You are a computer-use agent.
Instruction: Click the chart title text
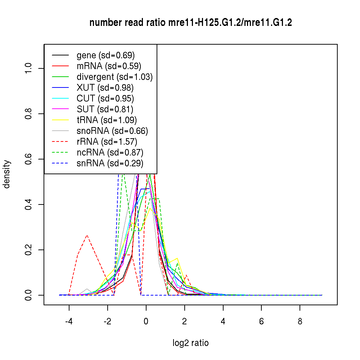[x=190, y=23]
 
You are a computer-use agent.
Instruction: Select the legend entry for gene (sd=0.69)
[x=105, y=55]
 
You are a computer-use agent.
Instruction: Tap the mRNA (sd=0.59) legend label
[x=109, y=66]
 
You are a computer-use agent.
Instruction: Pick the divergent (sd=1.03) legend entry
[x=114, y=77]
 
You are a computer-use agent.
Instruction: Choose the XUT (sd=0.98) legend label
[x=105, y=88]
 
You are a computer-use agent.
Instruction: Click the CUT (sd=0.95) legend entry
[x=105, y=99]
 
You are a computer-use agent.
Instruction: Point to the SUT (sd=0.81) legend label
[x=105, y=109]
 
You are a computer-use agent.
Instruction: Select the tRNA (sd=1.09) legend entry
[x=107, y=120]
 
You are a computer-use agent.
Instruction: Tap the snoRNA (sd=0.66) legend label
[x=112, y=131]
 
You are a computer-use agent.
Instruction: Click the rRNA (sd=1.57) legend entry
[x=107, y=142]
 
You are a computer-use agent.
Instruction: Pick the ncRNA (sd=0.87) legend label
[x=110, y=153]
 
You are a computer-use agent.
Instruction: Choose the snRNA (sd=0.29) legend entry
[x=110, y=163]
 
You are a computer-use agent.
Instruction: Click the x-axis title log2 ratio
[x=190, y=343]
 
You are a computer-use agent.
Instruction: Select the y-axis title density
[x=7, y=174]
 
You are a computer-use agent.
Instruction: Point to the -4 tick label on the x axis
[x=69, y=321]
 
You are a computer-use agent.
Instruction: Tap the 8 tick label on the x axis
[x=300, y=321]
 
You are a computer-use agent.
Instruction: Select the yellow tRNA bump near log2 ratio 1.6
[x=177, y=258]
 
